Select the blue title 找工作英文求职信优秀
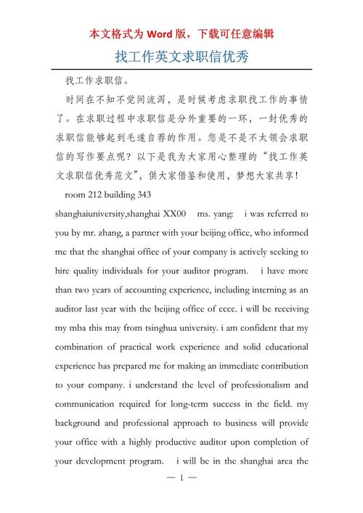tap(181, 56)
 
